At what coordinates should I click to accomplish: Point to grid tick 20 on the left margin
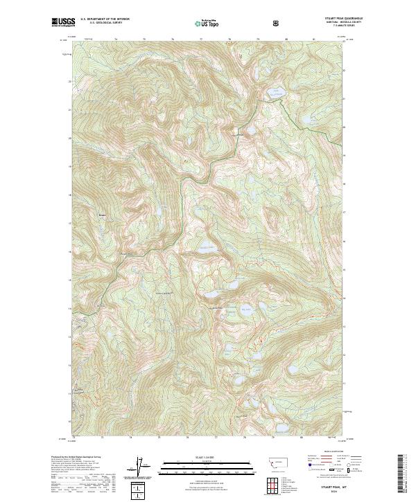[x=69, y=137]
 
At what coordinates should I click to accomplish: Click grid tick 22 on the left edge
[x=69, y=80]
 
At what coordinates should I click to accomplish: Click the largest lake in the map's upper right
[x=276, y=92]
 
